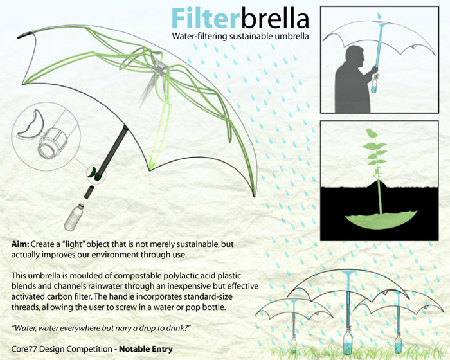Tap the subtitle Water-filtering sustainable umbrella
(x=240, y=37)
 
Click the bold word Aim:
(x=21, y=246)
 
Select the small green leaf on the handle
(x=94, y=172)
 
